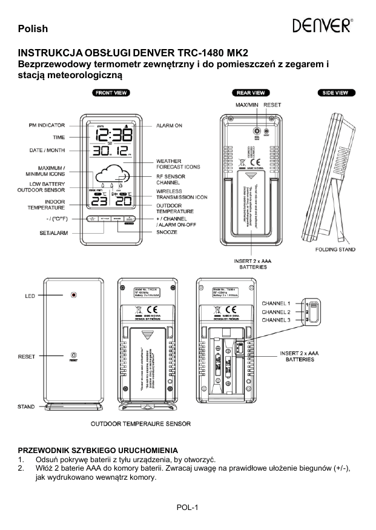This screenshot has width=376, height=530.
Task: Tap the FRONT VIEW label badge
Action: [x=110, y=93]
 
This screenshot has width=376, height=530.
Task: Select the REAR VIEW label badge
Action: [x=250, y=93]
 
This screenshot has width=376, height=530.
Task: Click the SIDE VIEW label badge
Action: [x=337, y=93]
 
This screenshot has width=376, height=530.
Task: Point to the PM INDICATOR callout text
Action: [x=47, y=125]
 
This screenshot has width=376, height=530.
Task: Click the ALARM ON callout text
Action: [x=170, y=125]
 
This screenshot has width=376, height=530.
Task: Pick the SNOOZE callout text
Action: [x=167, y=232]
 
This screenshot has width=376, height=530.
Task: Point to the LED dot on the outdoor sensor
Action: [x=74, y=296]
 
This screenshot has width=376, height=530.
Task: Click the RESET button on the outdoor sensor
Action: [x=74, y=356]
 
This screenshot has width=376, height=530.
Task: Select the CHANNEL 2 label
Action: [x=276, y=311]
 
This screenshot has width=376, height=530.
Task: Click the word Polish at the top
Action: [x=33, y=28]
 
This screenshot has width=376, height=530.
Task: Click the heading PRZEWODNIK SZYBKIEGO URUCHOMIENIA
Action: [x=98, y=451]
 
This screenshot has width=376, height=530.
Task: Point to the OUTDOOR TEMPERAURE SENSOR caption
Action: [x=140, y=424]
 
